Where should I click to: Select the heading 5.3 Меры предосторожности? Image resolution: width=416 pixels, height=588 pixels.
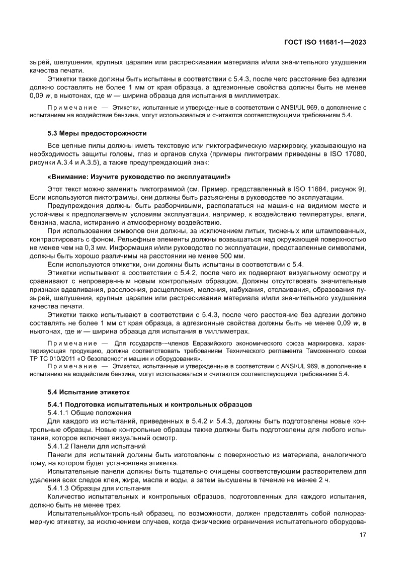coord(97,133)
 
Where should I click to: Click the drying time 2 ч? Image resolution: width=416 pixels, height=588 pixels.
coord(324,480)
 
